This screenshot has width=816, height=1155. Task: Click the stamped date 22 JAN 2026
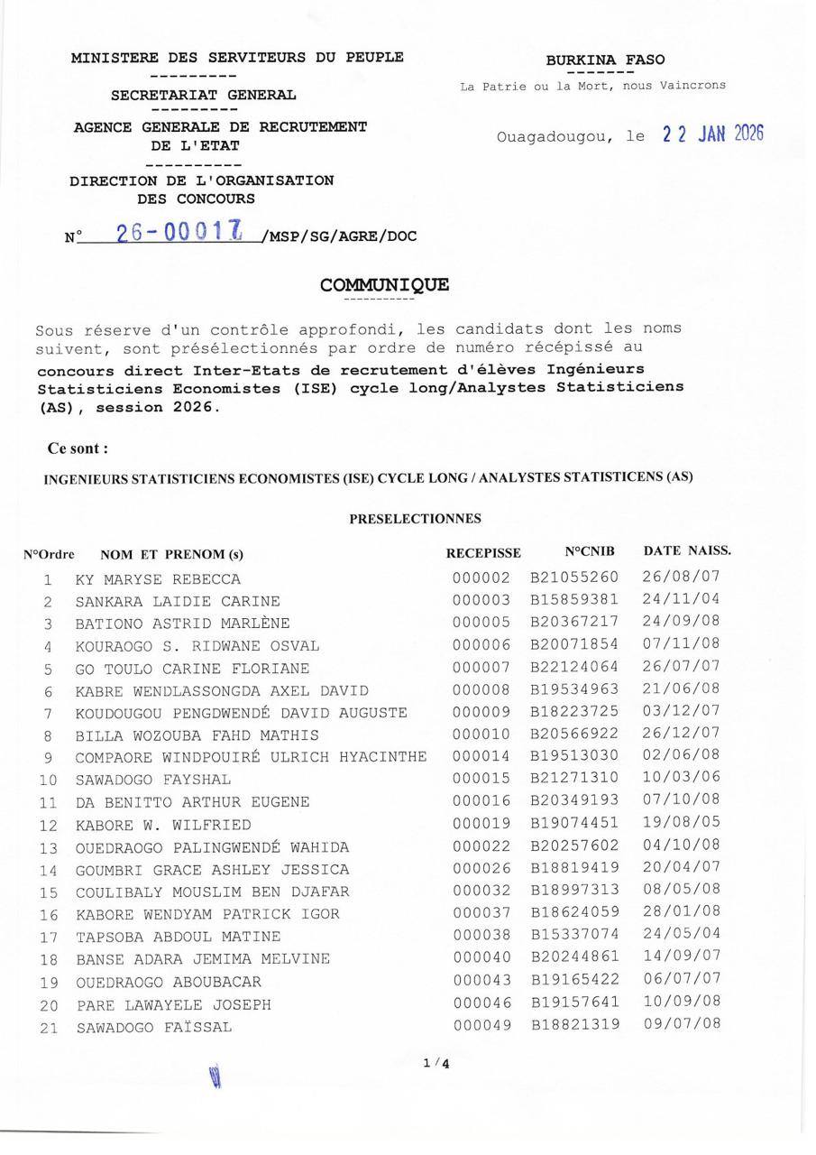712,134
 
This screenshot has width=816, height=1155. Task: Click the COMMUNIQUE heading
384,285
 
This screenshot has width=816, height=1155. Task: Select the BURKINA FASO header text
605,60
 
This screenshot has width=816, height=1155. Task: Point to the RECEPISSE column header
483,552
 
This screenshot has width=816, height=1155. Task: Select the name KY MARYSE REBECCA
158,579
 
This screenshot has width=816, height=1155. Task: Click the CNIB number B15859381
574,600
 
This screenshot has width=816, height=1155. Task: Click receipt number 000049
481,1025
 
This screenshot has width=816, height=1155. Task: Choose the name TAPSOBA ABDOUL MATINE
178,937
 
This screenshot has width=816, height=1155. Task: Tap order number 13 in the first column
49,848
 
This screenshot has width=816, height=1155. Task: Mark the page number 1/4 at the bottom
436,1063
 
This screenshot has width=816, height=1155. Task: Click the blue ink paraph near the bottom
215,1076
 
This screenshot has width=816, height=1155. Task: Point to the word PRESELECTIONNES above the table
415,519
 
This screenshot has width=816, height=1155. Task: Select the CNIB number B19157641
574,1003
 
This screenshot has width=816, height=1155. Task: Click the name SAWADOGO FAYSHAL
153,780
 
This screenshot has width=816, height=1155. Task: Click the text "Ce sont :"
78,448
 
